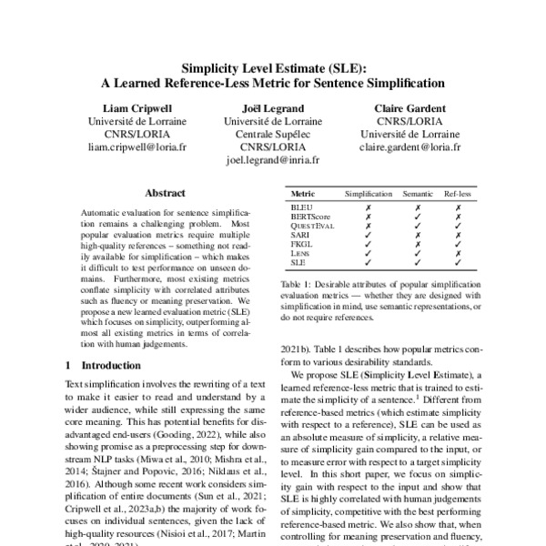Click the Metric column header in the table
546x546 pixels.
click(x=302, y=195)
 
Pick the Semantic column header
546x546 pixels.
click(x=418, y=195)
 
